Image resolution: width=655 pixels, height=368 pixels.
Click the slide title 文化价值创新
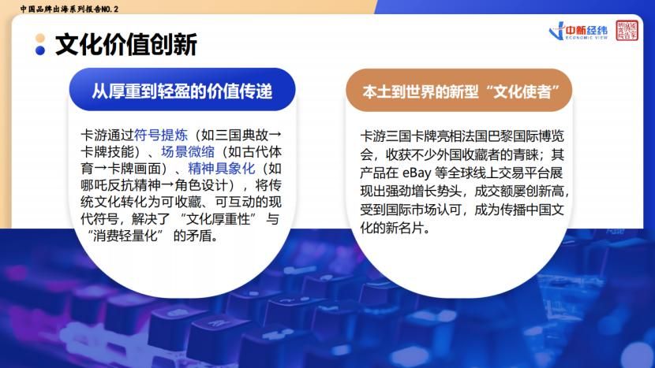pyautogui.click(x=126, y=45)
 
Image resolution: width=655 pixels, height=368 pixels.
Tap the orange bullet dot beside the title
pyautogui.click(x=40, y=38)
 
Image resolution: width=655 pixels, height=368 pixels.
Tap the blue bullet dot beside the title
pyautogui.click(x=40, y=50)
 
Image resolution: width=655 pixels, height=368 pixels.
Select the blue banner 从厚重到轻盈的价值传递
pyautogui.click(x=182, y=90)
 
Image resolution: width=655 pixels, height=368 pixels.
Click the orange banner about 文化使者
pyautogui.click(x=459, y=90)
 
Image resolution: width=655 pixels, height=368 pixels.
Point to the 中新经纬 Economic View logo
pyautogui.click(x=578, y=32)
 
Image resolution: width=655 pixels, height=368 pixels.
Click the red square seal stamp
pyautogui.click(x=627, y=31)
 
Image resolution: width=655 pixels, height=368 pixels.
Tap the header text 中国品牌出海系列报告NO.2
pyautogui.click(x=69, y=9)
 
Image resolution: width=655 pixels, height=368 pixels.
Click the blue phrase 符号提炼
pyautogui.click(x=161, y=135)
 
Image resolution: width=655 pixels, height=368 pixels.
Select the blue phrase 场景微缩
pyautogui.click(x=188, y=151)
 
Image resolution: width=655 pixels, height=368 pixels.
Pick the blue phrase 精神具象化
pyautogui.click(x=222, y=168)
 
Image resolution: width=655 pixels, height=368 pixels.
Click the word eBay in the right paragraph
pyautogui.click(x=417, y=173)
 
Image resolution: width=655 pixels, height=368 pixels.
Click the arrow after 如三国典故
pyautogui.click(x=275, y=135)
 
